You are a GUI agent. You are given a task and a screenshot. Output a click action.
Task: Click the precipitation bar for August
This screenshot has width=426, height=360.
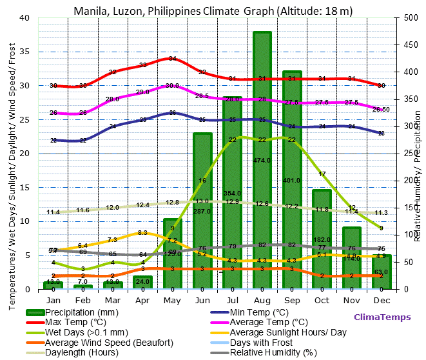[262, 194]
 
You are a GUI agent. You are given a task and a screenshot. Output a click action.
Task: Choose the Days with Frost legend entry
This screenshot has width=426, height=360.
[265, 342]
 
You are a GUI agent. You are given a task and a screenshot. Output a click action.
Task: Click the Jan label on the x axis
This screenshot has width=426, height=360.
[53, 300]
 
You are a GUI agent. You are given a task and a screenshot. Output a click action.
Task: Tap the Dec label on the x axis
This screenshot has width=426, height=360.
[381, 300]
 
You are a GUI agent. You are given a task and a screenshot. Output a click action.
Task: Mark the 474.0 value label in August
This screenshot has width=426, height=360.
[262, 160]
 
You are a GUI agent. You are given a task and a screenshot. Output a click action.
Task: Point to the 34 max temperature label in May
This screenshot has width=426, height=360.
[173, 59]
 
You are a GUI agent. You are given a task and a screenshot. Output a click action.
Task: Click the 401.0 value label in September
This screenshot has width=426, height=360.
[291, 180]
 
